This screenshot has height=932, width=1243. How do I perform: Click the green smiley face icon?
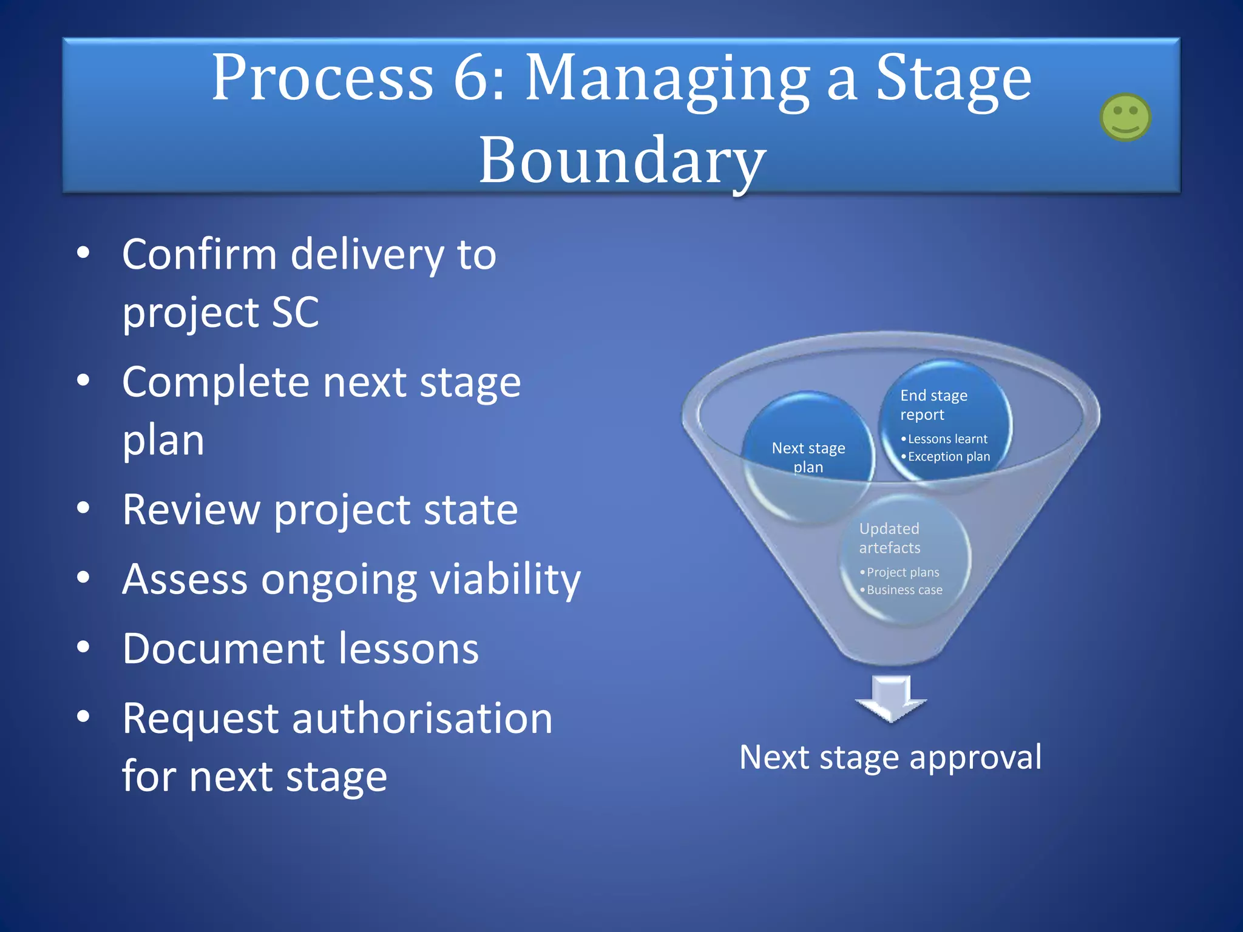pyautogui.click(x=1125, y=117)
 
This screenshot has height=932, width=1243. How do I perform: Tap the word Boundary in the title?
pyautogui.click(x=622, y=160)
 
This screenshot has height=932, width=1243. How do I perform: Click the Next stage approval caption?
pyautogui.click(x=890, y=757)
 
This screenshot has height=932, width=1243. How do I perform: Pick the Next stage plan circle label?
pyautogui.click(x=808, y=458)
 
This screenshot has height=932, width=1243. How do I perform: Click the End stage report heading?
pyautogui.click(x=933, y=405)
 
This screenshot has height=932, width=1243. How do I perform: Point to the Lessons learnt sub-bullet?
pyautogui.click(x=947, y=439)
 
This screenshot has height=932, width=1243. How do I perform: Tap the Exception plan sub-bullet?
pyautogui.click(x=948, y=456)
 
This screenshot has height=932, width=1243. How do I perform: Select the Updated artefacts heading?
pyautogui.click(x=890, y=538)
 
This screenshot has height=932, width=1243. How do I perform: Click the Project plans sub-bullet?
pyautogui.click(x=903, y=572)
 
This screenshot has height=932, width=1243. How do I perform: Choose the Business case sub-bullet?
pyautogui.click(x=904, y=590)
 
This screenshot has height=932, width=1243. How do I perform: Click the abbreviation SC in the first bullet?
pyautogui.click(x=295, y=312)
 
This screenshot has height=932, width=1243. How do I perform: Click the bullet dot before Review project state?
pyautogui.click(x=83, y=508)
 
